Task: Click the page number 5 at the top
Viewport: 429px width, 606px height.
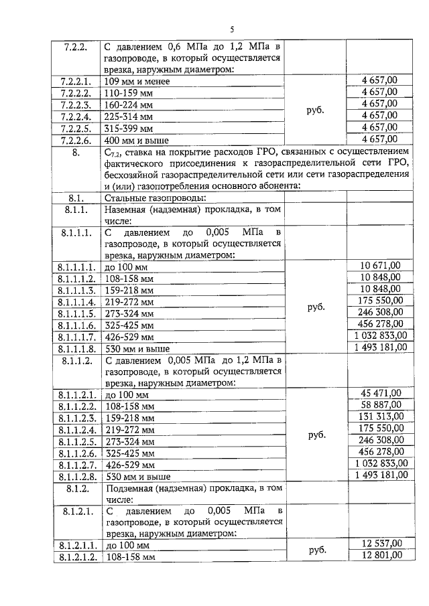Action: click(231, 29)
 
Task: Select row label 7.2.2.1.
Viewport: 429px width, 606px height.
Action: click(76, 81)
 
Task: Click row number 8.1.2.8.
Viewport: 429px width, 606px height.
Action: click(76, 476)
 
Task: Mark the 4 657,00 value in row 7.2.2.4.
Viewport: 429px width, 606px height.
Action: click(379, 115)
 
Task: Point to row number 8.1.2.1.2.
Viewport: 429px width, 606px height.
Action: click(76, 556)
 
